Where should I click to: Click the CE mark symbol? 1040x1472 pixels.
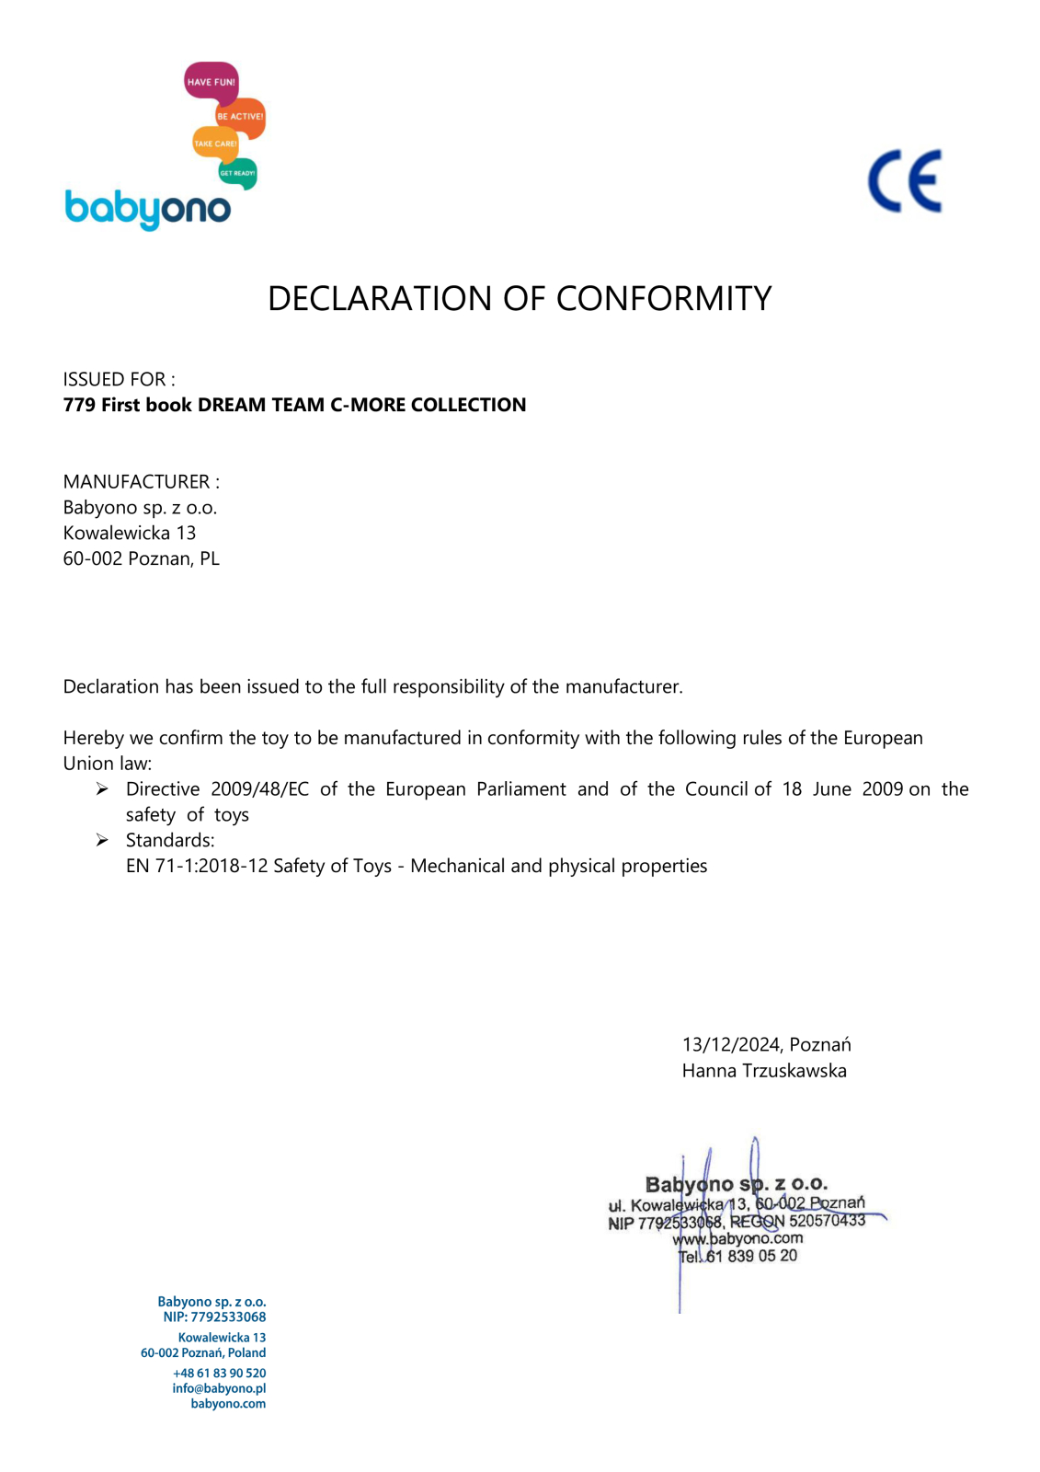click(904, 181)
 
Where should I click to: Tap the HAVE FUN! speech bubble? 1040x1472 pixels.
click(211, 82)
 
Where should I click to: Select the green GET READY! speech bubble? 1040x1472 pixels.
click(237, 173)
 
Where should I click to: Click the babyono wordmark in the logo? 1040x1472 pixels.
click(147, 210)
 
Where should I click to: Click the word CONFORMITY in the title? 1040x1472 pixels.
click(663, 299)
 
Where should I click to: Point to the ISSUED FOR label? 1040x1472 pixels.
click(119, 379)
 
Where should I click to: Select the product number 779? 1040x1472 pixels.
click(79, 405)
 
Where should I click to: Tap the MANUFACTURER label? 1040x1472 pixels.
click(141, 482)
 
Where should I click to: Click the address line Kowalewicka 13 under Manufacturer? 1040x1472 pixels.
click(130, 533)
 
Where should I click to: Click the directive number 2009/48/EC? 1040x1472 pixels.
click(259, 789)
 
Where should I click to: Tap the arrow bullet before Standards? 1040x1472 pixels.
click(102, 840)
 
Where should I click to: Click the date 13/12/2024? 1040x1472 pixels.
click(731, 1045)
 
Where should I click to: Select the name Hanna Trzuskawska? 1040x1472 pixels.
click(764, 1071)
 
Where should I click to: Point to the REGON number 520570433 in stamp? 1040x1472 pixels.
click(827, 1221)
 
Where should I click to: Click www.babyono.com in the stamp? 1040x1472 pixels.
click(737, 1238)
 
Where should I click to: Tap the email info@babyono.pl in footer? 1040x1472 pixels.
click(219, 1388)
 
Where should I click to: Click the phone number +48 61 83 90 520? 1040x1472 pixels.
click(219, 1373)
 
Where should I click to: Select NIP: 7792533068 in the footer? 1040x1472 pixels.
click(214, 1317)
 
